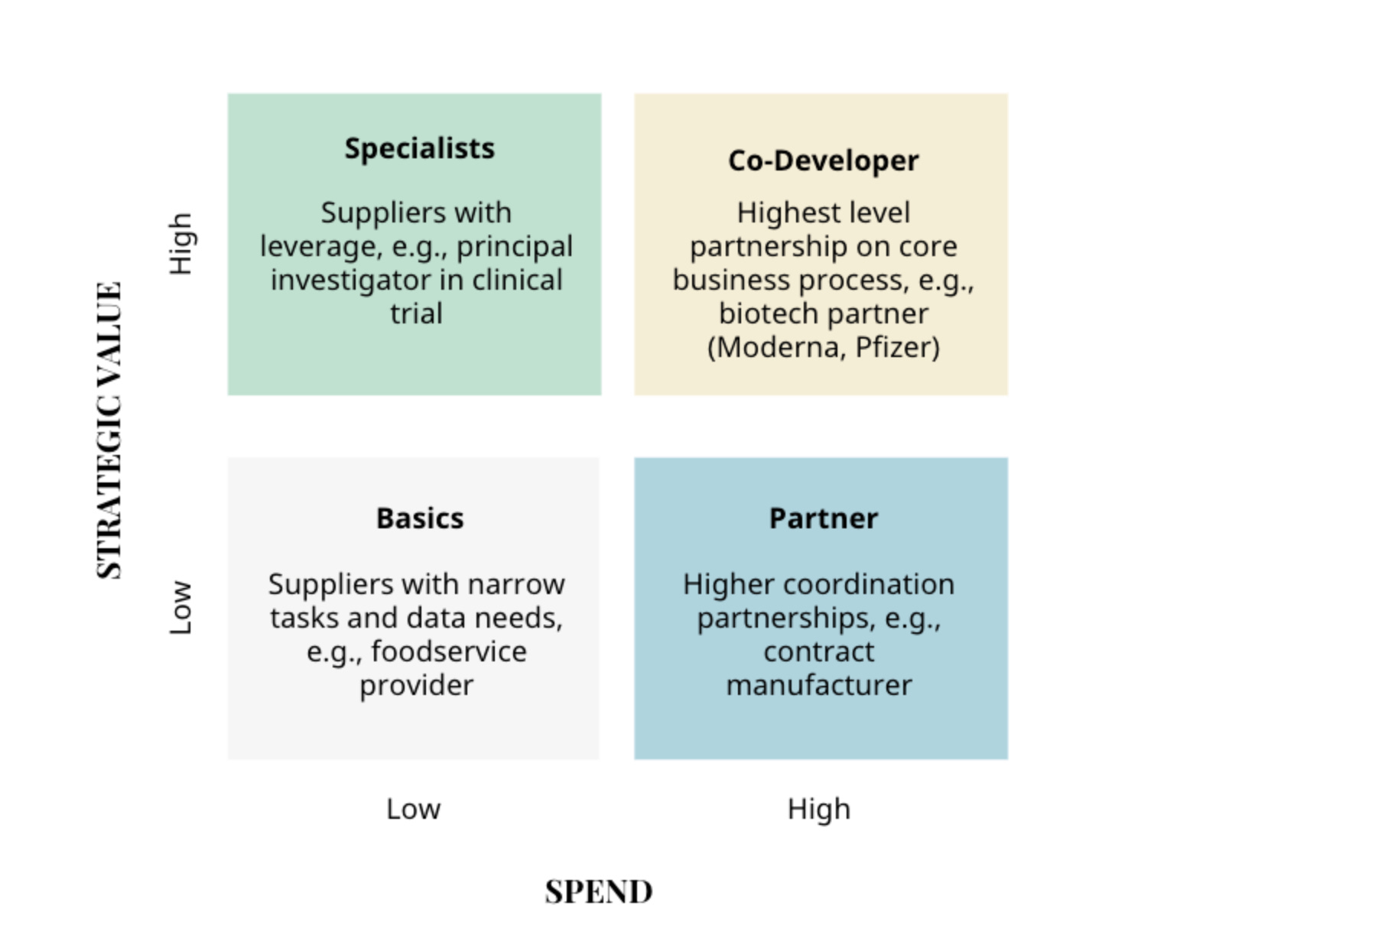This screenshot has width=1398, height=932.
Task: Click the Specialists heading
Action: point(419,148)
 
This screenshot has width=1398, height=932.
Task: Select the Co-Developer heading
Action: point(823,161)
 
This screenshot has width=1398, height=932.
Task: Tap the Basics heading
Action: point(420,518)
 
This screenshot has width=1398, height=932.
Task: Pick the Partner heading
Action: point(823,518)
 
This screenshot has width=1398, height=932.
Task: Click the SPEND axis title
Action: point(599,892)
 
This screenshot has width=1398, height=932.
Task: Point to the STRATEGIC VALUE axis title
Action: point(109,430)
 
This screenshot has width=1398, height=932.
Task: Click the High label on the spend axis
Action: point(818,809)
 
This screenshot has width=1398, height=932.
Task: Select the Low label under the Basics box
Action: point(413,809)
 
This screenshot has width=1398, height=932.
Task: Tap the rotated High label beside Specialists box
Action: point(180,244)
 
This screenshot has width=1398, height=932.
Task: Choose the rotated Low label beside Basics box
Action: point(180,608)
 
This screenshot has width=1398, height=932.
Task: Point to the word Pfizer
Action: point(897,348)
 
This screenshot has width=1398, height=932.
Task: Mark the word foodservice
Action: point(449,652)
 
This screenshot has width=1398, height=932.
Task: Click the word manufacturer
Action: point(818,686)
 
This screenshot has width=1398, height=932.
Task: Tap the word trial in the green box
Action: point(416,314)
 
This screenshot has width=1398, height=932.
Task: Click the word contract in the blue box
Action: point(818,652)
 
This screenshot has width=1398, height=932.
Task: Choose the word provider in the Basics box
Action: point(416,686)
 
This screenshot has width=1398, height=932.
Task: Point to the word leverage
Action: point(321,247)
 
